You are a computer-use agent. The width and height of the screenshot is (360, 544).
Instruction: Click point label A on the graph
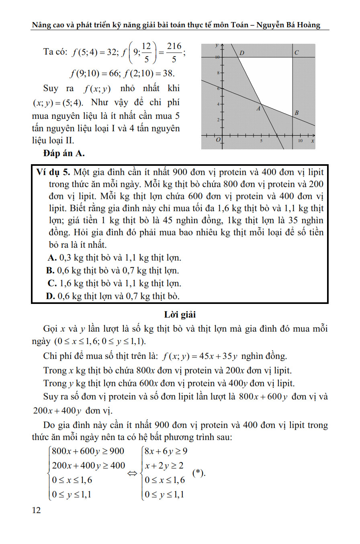coord(259,108)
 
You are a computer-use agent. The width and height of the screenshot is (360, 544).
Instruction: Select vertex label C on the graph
coord(296,53)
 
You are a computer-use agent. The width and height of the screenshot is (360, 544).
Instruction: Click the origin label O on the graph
coord(218,140)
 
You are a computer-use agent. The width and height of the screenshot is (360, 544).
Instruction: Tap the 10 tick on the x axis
coord(300,141)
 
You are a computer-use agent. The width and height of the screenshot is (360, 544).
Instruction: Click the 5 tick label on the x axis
coord(261,141)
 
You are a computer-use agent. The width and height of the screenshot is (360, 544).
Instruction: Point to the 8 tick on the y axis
coord(218,73)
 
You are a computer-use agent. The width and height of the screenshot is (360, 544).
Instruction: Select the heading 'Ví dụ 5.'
coord(53,173)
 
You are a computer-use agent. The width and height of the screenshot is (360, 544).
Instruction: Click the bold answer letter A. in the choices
coord(51,258)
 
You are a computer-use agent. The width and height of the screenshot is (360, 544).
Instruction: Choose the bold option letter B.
coord(51,271)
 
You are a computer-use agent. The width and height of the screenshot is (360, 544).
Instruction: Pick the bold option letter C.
coord(51,283)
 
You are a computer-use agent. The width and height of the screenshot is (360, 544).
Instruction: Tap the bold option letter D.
coord(51,296)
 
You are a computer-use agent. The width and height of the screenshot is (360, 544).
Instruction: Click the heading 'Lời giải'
coord(180,315)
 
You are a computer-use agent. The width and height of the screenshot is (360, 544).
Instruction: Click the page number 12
coord(36,510)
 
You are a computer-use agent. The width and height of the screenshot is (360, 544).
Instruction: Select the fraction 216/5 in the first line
coord(174,53)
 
